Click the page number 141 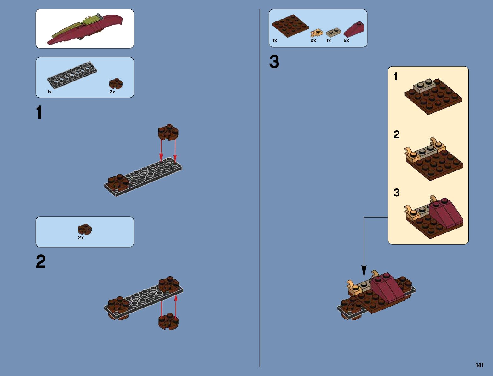coord(479,365)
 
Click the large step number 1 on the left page coord(39,113)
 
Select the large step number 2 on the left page coord(41,262)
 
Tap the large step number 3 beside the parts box coord(274,62)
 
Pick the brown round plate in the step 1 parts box coord(116,84)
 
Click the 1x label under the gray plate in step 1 coord(49,92)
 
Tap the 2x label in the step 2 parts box coord(81,238)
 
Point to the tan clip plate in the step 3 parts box coord(317,33)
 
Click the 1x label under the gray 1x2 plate coord(329,40)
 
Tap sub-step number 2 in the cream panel coord(396,135)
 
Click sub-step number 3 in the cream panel coord(396,193)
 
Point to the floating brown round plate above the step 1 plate coord(168,132)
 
